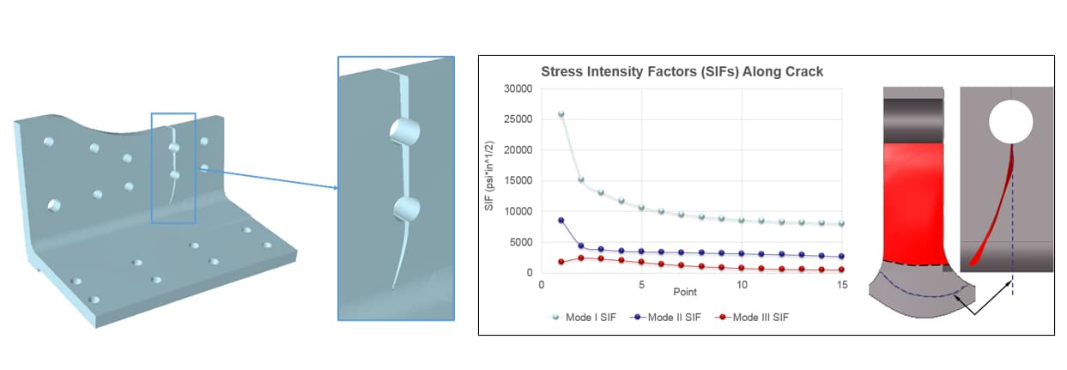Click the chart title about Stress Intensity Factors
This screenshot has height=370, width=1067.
point(681,71)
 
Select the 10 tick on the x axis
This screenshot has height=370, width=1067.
point(742,285)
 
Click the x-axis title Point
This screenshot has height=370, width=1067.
point(685,293)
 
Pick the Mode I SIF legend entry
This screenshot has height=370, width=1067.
point(584,318)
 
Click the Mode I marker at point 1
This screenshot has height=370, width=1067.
point(561,113)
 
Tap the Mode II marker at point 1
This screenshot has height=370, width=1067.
point(561,220)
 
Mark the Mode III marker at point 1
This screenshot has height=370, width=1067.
point(561,262)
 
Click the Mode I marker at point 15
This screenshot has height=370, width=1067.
point(842,223)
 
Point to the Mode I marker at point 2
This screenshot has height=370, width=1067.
point(581,179)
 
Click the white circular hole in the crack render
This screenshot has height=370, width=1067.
point(1010,123)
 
